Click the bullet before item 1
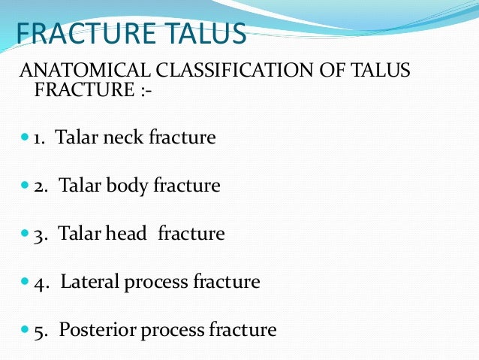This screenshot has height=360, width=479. [x=25, y=138]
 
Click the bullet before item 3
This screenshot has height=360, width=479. [x=25, y=234]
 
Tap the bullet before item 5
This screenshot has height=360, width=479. [x=25, y=329]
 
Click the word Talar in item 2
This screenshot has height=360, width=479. [x=77, y=186]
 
